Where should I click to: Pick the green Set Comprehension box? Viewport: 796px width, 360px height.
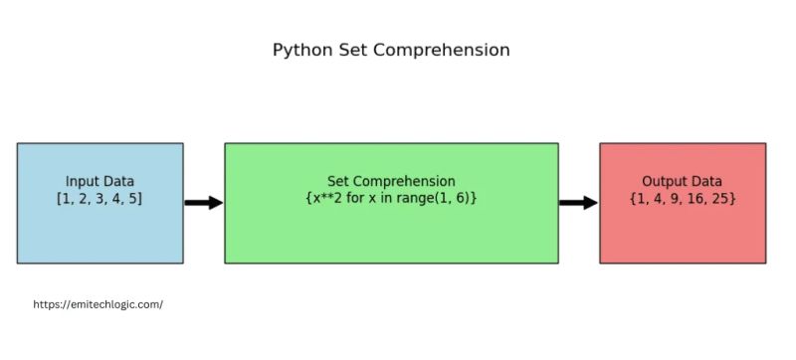pyautogui.click(x=391, y=234)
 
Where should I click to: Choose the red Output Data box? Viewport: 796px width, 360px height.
pyautogui.click(x=683, y=234)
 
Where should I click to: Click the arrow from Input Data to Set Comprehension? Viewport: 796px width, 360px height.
pyautogui.click(x=203, y=203)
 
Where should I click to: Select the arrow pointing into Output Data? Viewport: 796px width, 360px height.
pyautogui.click(x=578, y=203)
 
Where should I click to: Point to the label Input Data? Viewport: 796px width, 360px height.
pyautogui.click(x=99, y=182)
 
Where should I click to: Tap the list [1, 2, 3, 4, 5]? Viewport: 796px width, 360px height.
pyautogui.click(x=99, y=199)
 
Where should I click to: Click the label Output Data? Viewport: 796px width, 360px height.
pyautogui.click(x=683, y=182)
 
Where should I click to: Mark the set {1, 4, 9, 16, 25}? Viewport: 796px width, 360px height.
pyautogui.click(x=683, y=199)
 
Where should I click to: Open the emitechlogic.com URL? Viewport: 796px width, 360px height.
pyautogui.click(x=98, y=304)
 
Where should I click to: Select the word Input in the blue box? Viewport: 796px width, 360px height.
pyautogui.click(x=83, y=182)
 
